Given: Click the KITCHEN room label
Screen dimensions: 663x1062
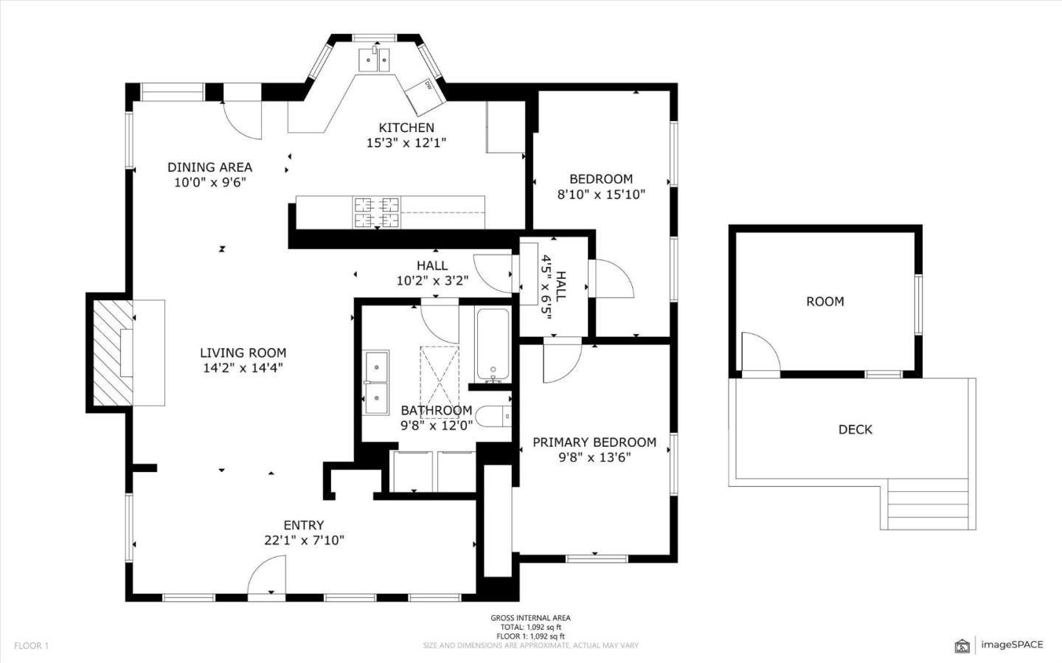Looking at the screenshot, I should pos(406,128).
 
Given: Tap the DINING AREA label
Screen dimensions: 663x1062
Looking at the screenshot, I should pos(209,167).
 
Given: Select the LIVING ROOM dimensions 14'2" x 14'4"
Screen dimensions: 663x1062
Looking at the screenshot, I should pos(243,367).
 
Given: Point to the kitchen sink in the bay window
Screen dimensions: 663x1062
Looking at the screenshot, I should pos(375,60).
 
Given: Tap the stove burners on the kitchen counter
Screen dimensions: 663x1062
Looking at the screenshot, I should pos(376,212).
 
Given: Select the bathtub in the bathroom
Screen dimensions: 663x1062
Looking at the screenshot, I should pos(492,344).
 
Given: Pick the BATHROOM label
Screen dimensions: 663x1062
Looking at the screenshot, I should pos(436,410).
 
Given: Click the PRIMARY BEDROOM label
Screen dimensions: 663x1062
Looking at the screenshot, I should pos(594,442).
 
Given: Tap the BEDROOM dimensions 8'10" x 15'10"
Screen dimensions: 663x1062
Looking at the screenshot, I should pos(601,195).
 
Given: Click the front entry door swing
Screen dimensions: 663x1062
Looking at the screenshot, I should pos(267,575).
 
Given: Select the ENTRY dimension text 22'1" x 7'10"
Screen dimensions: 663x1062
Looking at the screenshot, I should pos(304,540).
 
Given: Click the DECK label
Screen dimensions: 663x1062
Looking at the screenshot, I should pos(855,429).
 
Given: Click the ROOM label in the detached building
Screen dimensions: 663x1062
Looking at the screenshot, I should pos(825,301).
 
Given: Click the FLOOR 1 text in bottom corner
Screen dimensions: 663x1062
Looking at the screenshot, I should pos(31,645).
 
